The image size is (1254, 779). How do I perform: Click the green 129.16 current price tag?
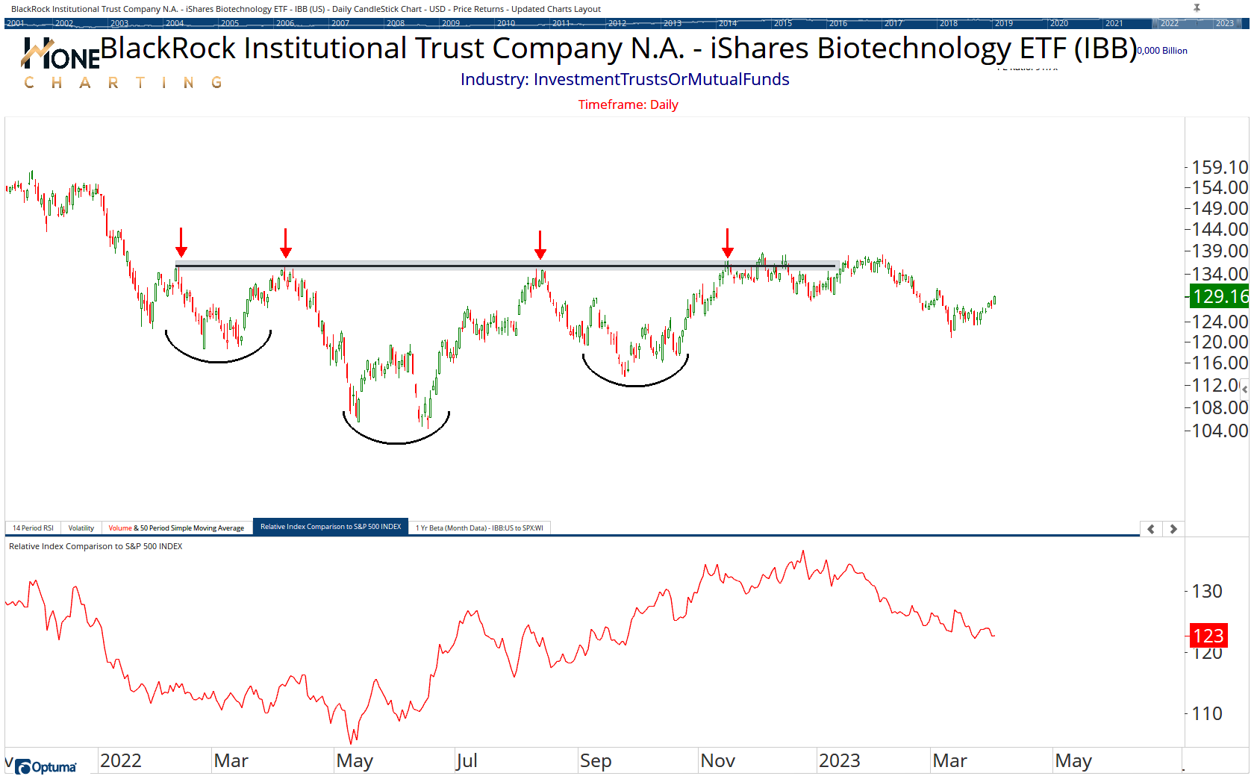coord(1220,296)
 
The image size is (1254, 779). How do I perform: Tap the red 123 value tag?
coord(1208,636)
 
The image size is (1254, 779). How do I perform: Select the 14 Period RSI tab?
coord(33,528)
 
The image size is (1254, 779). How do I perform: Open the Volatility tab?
coord(81,528)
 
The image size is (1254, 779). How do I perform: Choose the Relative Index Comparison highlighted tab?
coord(331,527)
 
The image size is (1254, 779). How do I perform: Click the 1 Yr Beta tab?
coord(479,528)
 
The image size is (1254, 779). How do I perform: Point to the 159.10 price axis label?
coord(1220,167)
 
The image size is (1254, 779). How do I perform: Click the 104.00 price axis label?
coord(1220,431)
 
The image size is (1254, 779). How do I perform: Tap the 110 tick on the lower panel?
coord(1207,713)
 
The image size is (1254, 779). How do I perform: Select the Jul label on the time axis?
coord(467,760)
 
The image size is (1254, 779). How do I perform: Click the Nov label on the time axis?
coord(717,760)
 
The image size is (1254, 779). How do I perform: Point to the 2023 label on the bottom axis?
coord(839,760)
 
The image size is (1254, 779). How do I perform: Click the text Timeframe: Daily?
coord(628,104)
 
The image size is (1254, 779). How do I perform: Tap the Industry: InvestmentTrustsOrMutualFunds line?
coord(625,79)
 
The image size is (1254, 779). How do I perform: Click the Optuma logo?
coord(46,766)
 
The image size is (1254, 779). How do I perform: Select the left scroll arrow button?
coord(1151,528)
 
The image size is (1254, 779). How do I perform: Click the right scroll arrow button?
coord(1173,528)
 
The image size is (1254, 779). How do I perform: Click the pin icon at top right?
coord(1197,8)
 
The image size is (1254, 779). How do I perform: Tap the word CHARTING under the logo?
coord(123,82)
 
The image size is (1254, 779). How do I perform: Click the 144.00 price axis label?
coord(1220,229)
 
